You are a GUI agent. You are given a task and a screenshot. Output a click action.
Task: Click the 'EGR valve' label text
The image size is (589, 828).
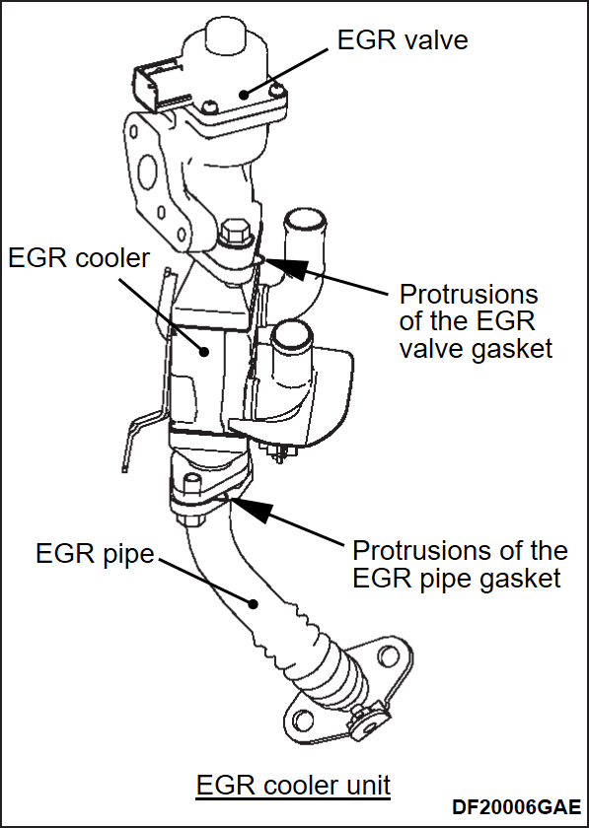(x=402, y=40)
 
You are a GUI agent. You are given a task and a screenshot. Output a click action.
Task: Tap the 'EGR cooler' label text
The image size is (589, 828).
(x=79, y=258)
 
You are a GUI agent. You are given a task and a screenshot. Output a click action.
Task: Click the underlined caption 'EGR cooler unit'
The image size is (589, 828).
(x=293, y=786)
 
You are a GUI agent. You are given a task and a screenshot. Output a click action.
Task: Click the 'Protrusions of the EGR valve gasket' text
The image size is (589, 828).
(x=475, y=321)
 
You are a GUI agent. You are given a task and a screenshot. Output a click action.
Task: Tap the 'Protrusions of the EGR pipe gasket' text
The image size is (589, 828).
(x=460, y=563)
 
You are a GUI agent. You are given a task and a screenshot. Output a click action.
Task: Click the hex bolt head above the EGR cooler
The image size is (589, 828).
(x=234, y=235)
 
